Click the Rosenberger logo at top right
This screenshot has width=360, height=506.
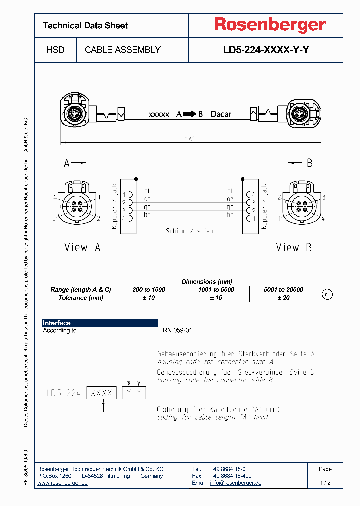270,25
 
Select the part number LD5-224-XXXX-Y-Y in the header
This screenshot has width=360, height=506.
266,50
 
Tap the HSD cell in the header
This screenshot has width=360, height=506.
55,50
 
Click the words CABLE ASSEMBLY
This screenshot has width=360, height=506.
123,50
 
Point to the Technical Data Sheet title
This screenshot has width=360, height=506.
85,26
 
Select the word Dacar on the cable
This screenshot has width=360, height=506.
220,114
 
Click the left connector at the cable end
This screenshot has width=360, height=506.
75,109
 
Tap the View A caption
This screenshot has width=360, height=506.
82,247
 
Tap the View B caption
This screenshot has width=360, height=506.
294,247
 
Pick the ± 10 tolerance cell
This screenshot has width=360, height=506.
149,298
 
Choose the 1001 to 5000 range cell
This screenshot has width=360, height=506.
216,290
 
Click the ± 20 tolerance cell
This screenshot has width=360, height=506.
283,298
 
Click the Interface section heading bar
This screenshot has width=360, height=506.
100,323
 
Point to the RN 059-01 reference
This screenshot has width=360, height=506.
177,331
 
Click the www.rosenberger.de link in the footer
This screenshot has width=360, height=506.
63,483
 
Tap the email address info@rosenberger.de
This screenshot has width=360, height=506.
235,483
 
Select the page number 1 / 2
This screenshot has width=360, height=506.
325,483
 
